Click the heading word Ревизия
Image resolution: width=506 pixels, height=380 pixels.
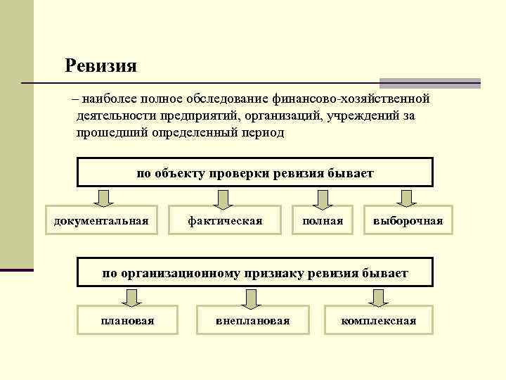pyautogui.click(x=100, y=66)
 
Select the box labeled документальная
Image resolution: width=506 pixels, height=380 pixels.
pyautogui.click(x=102, y=221)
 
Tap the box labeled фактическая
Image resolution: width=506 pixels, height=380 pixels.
pyautogui.click(x=225, y=221)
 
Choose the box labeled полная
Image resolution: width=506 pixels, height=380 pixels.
pyautogui.click(x=323, y=221)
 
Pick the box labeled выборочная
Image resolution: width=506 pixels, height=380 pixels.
pyautogui.click(x=408, y=221)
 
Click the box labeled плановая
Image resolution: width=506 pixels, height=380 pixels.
pyautogui.click(x=128, y=320)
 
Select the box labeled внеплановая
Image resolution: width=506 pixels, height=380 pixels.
pyautogui.click(x=253, y=320)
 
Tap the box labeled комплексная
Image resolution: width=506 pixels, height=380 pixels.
pyautogui.click(x=379, y=320)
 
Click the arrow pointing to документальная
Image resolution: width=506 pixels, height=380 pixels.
pyautogui.click(x=103, y=198)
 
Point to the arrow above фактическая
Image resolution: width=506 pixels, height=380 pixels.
pyautogui.click(x=223, y=198)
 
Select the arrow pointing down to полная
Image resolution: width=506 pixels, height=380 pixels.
pyautogui.click(x=322, y=198)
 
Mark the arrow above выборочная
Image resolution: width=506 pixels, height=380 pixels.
pyautogui.click(x=407, y=198)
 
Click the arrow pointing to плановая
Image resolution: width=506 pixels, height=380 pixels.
pyautogui.click(x=128, y=298)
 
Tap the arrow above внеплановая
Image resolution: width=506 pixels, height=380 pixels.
pyautogui.click(x=252, y=298)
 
